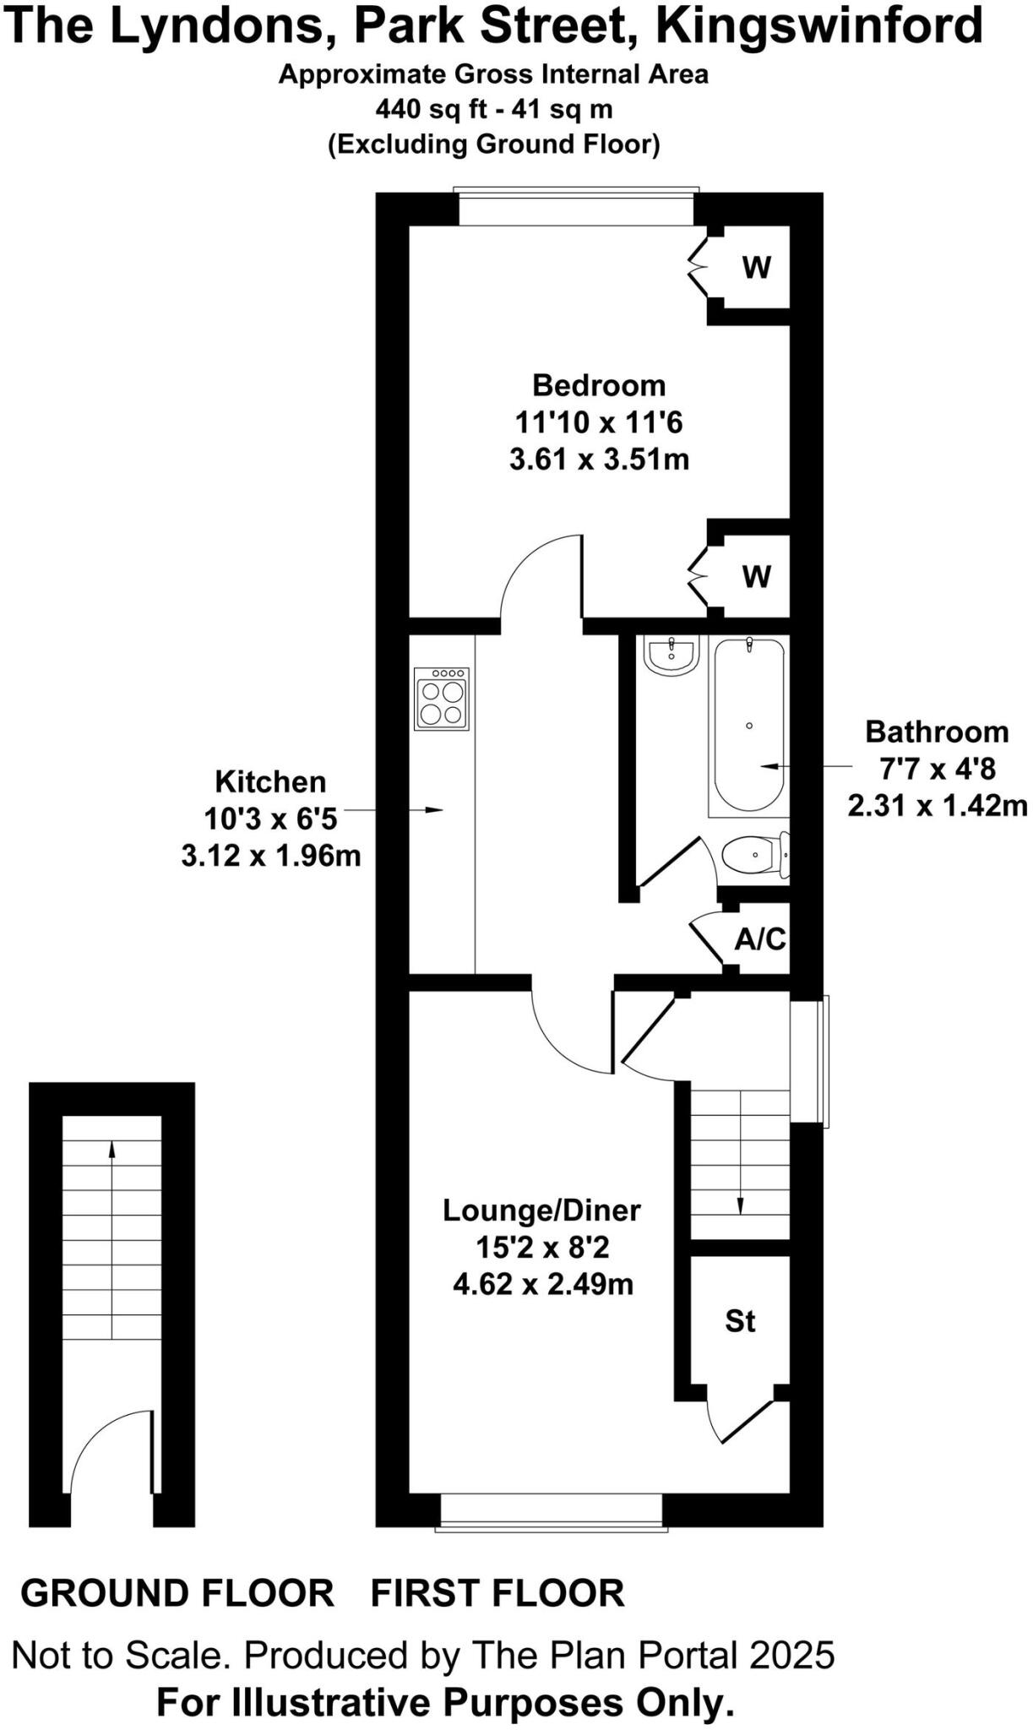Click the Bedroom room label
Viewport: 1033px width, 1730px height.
tap(599, 385)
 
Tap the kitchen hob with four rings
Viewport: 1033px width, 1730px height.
tap(442, 699)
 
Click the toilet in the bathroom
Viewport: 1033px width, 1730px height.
tap(754, 855)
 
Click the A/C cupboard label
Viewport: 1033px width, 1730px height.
tap(760, 938)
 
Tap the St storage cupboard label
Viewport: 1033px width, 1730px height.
tap(740, 1321)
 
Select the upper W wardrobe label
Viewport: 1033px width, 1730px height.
tap(756, 268)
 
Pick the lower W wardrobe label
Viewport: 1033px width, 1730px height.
tap(756, 577)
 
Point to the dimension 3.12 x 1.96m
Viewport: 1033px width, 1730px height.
tap(271, 856)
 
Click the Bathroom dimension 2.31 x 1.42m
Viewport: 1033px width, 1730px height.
tap(938, 805)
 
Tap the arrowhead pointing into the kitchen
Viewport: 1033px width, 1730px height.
tap(434, 810)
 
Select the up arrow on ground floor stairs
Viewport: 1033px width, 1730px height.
tap(111, 1149)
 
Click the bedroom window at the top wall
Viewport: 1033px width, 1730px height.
tap(576, 208)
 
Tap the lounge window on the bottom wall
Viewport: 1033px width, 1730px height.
tap(552, 1510)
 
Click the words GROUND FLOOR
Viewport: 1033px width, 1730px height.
tap(177, 1593)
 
